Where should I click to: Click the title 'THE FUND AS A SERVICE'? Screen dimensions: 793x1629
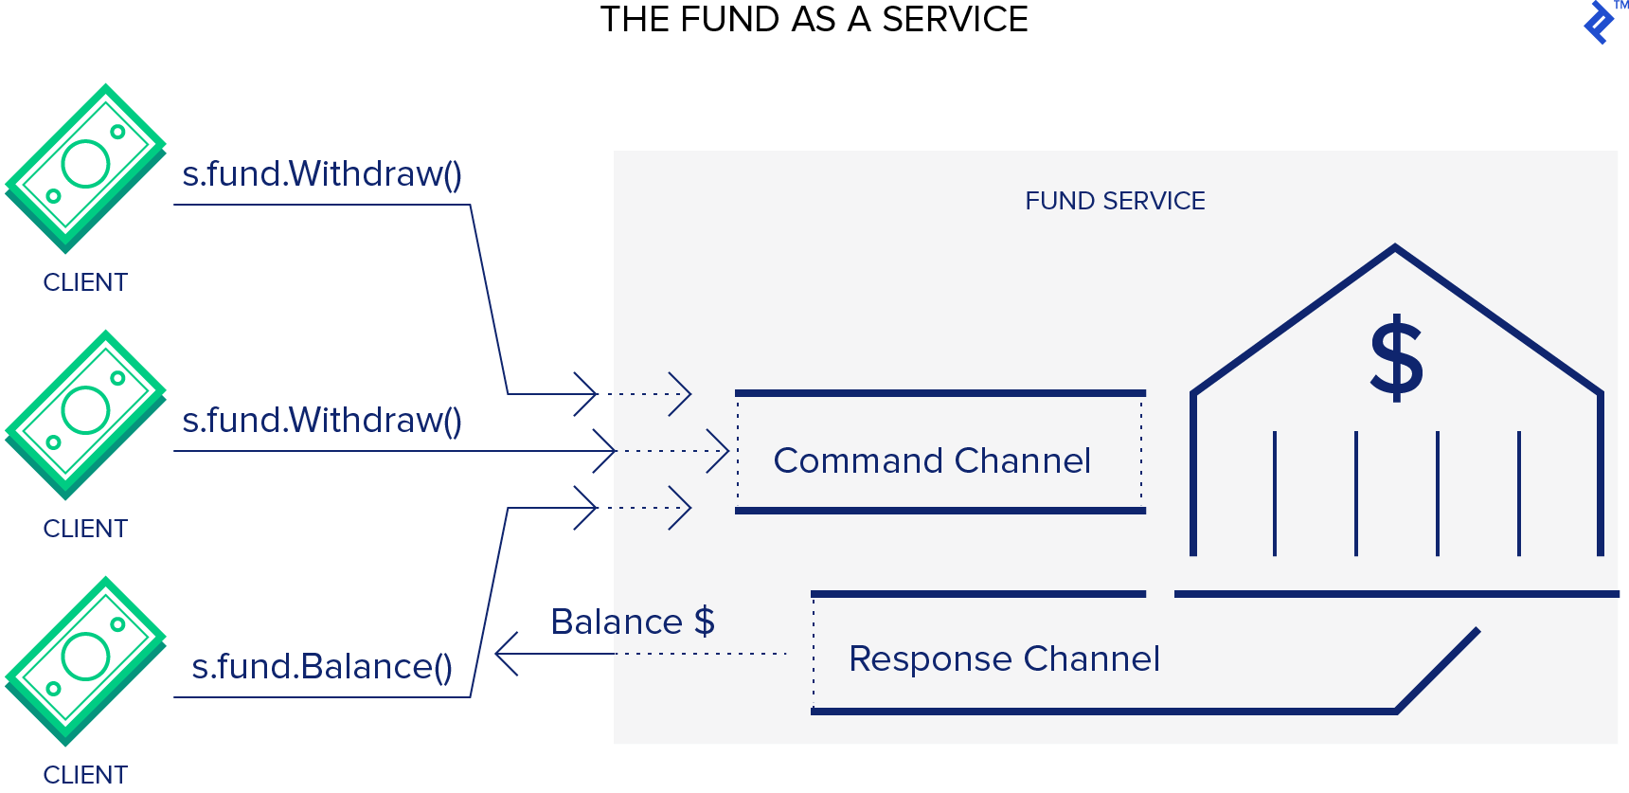814,20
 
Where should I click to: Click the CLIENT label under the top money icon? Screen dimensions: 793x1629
85,282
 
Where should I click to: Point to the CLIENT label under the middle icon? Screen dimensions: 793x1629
85,529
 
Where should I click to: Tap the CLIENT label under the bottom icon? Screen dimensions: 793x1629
85,774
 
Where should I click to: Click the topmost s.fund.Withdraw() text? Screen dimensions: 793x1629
322,174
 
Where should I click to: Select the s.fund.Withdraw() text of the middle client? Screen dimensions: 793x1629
322,421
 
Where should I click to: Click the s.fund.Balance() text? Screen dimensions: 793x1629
322,667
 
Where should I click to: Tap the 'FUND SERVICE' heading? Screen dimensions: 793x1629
1115,201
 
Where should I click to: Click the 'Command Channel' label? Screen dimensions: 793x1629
932,460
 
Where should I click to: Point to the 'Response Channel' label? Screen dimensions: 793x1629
1004,658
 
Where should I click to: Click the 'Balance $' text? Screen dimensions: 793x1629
632,622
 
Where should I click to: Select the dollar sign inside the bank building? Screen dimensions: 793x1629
1396,360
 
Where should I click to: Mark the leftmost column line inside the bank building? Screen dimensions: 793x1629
1275,493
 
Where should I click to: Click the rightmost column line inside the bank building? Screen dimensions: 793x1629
1519,493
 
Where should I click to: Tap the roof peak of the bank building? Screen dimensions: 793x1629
1395,248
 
